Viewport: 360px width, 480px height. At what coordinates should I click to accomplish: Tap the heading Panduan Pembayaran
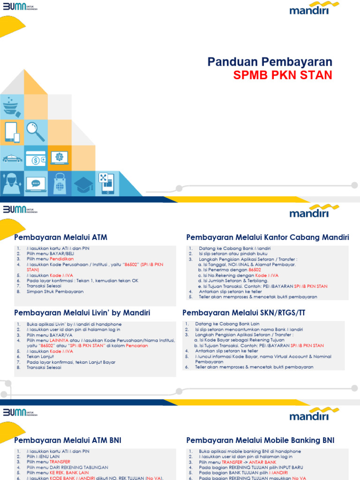(x=270, y=62)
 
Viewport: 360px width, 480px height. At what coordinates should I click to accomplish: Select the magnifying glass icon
(x=36, y=131)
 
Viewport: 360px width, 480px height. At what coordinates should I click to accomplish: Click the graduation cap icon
(x=83, y=183)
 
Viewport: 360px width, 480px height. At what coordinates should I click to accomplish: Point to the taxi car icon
(x=12, y=159)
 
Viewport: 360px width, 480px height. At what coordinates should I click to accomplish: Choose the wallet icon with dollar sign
(x=36, y=159)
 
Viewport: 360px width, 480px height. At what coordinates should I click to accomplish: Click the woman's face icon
(x=11, y=183)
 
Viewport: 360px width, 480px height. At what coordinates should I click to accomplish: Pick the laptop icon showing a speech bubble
(x=36, y=183)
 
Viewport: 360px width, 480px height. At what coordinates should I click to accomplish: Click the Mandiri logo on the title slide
(x=314, y=9)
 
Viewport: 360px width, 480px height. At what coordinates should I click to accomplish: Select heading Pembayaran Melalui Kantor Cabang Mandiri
(x=268, y=237)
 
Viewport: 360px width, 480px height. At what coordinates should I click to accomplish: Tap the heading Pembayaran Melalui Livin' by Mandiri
(x=82, y=313)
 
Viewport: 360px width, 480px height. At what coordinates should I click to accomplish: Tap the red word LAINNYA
(x=59, y=340)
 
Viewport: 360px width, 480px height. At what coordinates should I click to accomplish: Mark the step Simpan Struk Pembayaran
(x=55, y=292)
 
